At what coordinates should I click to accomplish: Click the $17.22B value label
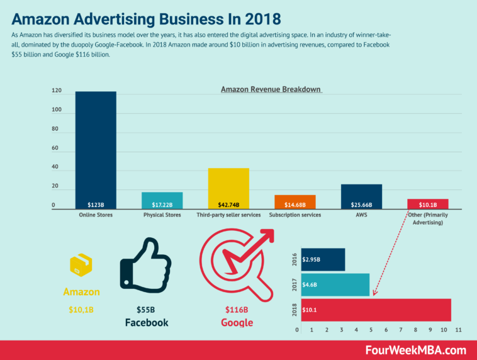click(162, 205)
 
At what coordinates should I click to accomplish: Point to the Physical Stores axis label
click(162, 215)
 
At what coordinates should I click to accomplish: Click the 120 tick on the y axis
click(57, 91)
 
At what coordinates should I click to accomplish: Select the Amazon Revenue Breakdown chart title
click(271, 89)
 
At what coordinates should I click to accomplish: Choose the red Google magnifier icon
click(234, 264)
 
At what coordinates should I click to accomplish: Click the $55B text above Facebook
click(146, 310)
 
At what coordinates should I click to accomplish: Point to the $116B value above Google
click(236, 310)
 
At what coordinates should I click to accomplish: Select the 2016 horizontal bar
click(323, 259)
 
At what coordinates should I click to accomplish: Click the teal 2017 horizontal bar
click(335, 284)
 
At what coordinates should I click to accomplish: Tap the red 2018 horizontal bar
click(376, 310)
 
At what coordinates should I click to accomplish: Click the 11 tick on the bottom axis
click(459, 330)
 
